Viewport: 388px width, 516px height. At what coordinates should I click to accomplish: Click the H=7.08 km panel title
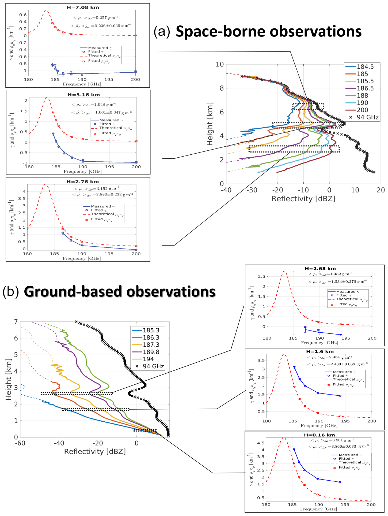83,8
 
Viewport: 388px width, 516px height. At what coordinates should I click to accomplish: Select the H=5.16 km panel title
83,95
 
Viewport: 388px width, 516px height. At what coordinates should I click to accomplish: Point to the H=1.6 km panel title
320,351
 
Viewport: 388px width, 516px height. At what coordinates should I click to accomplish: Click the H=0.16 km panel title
319,435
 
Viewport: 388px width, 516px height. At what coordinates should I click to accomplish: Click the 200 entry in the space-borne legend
362,110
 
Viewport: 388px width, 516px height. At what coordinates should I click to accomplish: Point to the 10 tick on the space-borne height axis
220,64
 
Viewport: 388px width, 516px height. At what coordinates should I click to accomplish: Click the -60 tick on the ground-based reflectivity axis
20,443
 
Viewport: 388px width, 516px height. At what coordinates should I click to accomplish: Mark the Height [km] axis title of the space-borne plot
210,124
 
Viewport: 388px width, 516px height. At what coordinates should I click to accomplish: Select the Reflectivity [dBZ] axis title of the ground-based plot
95,451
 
